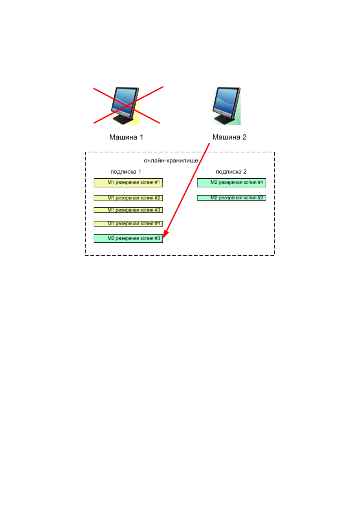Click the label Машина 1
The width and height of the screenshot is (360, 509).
pos(126,137)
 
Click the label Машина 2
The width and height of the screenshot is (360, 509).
pos(230,137)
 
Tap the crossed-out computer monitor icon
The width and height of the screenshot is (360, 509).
pos(125,106)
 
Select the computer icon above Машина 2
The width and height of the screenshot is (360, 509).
pos(227,106)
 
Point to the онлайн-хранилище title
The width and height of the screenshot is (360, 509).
pos(171,161)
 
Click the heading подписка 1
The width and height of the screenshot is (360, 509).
pos(126,172)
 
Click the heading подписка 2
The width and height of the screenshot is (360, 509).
pos(231,172)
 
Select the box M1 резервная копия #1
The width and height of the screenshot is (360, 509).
pos(128,183)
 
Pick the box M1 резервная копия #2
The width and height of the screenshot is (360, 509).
pos(128,198)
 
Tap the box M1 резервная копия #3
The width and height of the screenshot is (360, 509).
pos(128,210)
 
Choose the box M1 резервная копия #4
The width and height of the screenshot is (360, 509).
pos(128,224)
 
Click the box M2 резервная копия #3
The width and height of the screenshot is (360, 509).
pos(128,239)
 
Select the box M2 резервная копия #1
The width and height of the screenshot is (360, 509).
pos(231,183)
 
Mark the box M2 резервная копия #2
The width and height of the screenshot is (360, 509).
pos(231,198)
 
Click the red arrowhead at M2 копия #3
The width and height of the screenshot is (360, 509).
pos(165,234)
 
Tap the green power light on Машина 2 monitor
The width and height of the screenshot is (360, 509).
pos(221,112)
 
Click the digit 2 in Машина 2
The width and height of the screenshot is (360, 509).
pos(244,137)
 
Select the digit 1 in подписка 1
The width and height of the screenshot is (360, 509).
pos(139,172)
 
